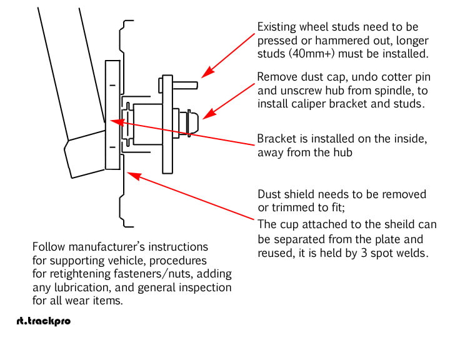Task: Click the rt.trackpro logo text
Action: [x=43, y=321]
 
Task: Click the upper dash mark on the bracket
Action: [x=112, y=84]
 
